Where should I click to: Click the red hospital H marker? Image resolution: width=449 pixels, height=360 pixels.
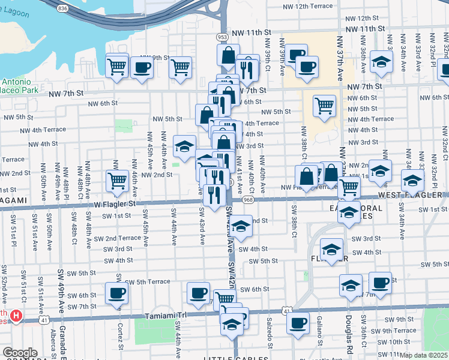coord(16,315)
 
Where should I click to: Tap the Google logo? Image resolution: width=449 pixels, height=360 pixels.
coord(20,353)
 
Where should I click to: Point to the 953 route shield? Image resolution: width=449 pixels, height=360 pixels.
coord(223,37)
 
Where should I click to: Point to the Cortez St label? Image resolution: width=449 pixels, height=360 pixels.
coord(120,333)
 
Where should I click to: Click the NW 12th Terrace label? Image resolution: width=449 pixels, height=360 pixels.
coord(307,5)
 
